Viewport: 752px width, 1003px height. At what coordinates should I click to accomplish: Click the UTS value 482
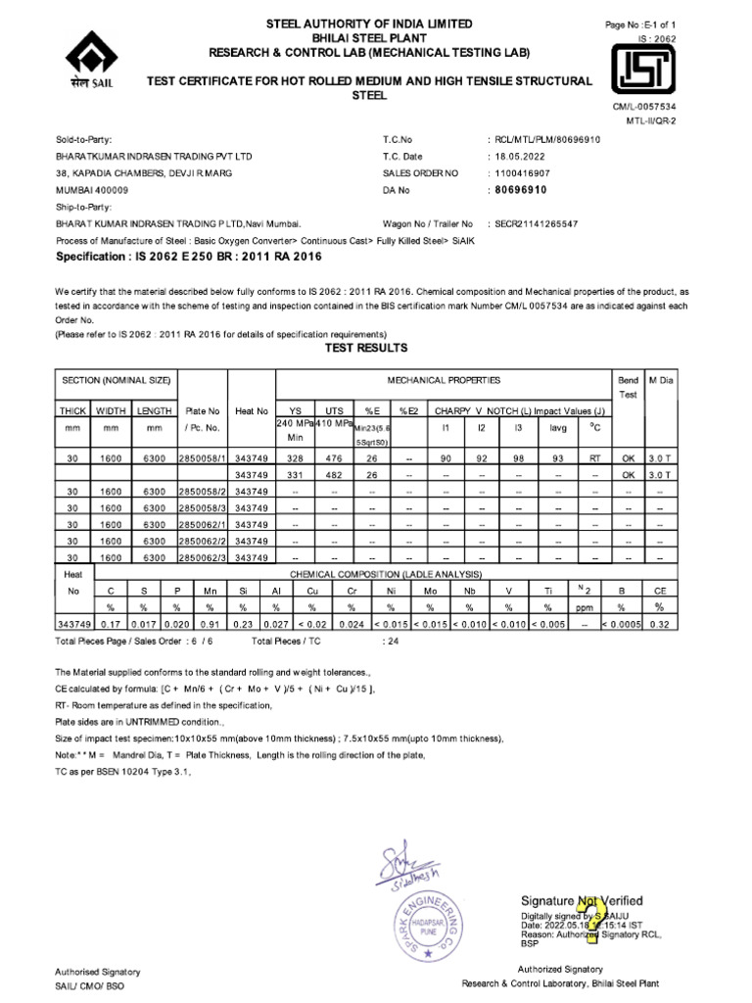[334, 475]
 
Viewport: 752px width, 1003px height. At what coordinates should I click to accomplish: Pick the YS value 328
[295, 457]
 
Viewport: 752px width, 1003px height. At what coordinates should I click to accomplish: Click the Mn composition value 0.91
[208, 623]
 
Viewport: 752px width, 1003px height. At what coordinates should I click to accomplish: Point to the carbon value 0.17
[111, 623]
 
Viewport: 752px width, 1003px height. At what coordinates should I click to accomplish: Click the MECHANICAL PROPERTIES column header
[444, 378]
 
